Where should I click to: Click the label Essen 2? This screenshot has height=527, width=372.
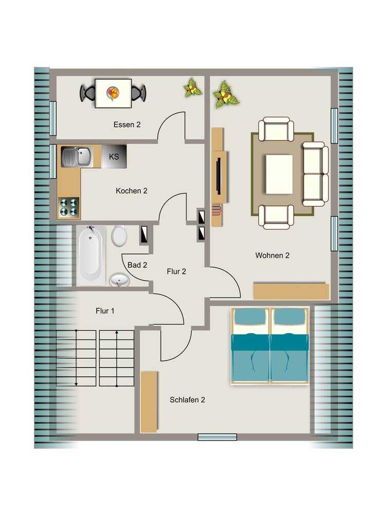pos(127,125)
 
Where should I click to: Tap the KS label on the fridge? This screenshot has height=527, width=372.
pos(114,156)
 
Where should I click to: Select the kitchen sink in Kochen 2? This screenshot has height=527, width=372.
pos(76,156)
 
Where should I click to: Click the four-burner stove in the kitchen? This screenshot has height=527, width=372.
pos(68,207)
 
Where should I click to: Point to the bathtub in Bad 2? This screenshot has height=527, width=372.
pos(90,255)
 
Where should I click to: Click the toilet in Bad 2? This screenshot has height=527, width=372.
pos(119,235)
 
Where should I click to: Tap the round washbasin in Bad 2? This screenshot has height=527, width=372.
pos(119,280)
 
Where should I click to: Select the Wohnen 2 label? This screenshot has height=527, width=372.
pos(272,255)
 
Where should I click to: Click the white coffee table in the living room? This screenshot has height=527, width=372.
pos(280,174)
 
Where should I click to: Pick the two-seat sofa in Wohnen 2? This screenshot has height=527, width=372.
pos(315,174)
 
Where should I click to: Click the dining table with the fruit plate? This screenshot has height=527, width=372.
pos(113,93)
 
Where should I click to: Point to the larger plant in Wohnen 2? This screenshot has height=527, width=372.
pos(226,95)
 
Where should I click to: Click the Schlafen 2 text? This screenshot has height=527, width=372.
pos(187,400)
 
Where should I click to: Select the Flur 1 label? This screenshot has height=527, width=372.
pos(105,311)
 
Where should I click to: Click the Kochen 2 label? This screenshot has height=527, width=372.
pos(132,191)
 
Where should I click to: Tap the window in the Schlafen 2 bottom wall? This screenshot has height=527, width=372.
pos(217,437)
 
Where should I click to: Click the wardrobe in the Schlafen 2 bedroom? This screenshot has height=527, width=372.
pos(149,401)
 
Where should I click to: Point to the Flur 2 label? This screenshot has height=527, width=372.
pos(176,272)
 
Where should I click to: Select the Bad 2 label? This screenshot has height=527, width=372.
pos(137,265)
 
